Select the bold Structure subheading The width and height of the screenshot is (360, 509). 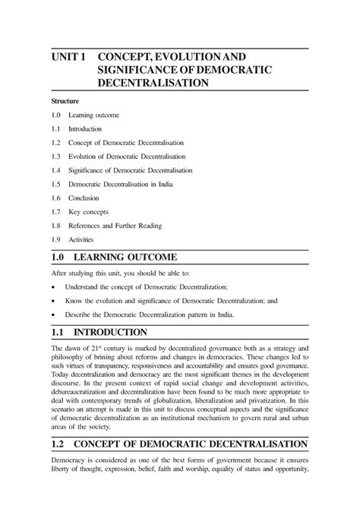coord(66,100)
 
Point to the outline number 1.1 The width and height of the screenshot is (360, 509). coord(56,129)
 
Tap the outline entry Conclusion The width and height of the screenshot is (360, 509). coord(86,198)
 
